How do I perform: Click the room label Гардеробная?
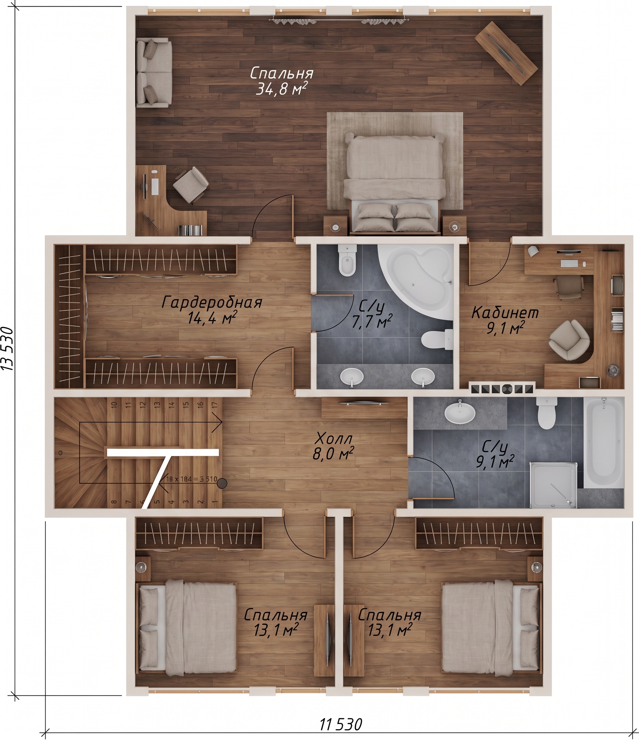(x=212, y=302)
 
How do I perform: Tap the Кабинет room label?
(x=505, y=313)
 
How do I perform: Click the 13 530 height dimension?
(x=8, y=349)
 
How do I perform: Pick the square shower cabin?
(x=553, y=485)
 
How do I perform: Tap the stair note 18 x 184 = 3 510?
(x=191, y=479)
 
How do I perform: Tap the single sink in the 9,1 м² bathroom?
(x=460, y=414)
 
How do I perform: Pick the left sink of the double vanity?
(x=352, y=376)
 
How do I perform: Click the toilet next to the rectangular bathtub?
(x=546, y=413)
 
